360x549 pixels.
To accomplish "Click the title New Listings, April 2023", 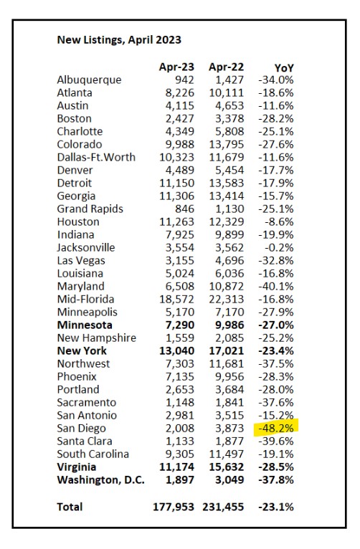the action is (119, 40).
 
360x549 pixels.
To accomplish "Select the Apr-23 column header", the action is (176, 67).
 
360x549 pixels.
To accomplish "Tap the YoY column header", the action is (284, 67).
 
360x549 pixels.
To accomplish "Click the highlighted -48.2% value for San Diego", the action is (276, 428).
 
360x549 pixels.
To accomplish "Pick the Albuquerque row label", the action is (90, 80).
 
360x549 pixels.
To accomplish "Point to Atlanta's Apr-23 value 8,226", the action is (180, 93).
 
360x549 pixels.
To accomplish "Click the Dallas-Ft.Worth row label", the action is (96, 157).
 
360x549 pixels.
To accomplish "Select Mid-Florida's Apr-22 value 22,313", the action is (227, 300).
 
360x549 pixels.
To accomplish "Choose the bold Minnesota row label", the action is (85, 325).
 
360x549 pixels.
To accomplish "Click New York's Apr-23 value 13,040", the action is (177, 350).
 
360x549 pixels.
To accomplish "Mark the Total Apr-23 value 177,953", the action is (174, 507).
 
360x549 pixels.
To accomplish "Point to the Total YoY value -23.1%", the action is (276, 507).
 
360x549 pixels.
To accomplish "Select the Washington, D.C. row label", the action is (101, 480).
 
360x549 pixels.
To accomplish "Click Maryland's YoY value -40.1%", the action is (276, 287).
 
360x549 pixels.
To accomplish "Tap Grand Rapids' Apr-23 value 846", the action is (184, 209).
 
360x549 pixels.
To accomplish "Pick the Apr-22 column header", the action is (226, 67).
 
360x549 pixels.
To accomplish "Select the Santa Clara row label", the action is (85, 441).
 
